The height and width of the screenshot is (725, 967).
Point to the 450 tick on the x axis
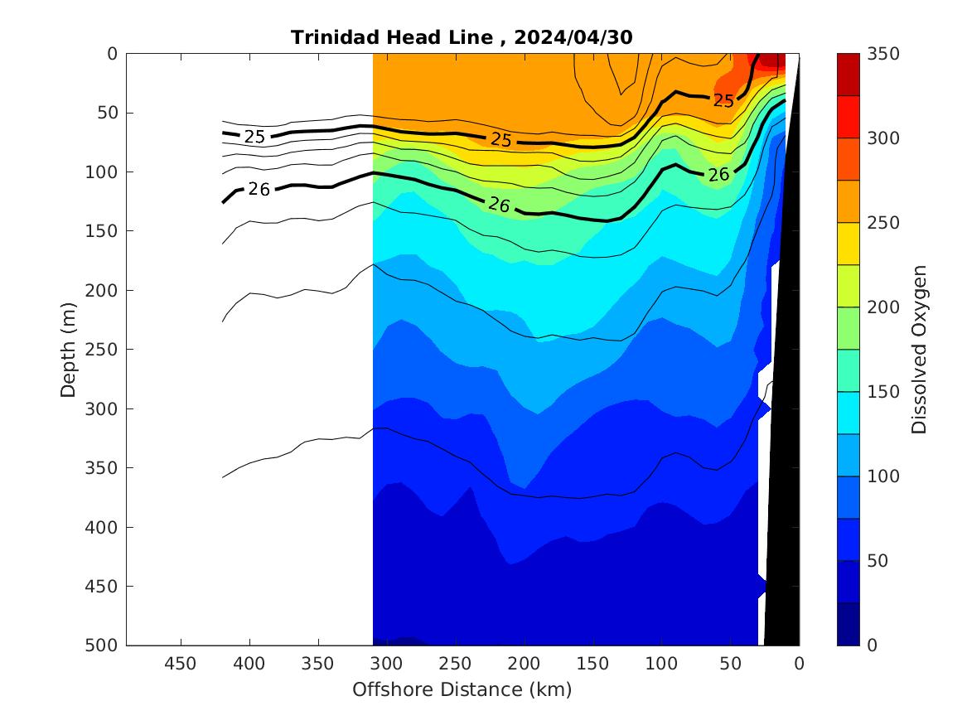[181, 664]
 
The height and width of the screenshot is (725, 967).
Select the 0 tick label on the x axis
[799, 664]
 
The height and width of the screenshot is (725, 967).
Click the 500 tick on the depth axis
[105, 645]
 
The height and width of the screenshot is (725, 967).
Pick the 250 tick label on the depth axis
[105, 350]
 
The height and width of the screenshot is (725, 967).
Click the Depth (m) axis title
[69, 350]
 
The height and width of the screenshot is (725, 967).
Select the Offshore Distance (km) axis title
[462, 689]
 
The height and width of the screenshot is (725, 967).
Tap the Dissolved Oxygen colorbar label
[919, 350]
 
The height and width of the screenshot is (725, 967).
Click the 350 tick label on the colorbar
[882, 54]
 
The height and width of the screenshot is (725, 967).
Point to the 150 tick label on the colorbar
[882, 392]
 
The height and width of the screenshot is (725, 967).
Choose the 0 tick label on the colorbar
[872, 645]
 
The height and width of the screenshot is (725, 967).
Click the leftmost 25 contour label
[254, 137]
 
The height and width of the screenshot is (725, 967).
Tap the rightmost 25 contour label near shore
[723, 101]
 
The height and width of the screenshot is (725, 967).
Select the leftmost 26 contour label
[259, 190]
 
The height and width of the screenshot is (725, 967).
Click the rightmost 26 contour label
[718, 174]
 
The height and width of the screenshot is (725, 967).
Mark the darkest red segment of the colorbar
[848, 75]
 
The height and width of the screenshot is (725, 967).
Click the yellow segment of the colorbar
[848, 244]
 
